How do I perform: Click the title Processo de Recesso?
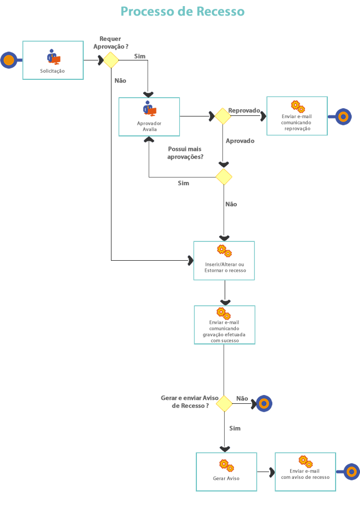pyautogui.click(x=182, y=12)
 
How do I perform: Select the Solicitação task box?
pyautogui.click(x=53, y=60)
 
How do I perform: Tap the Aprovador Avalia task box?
pyautogui.click(x=149, y=116)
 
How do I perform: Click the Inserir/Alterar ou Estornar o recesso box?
pyautogui.click(x=224, y=260)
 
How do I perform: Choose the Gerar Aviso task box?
pyautogui.click(x=226, y=472)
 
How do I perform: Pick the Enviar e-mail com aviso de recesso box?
pyautogui.click(x=305, y=472)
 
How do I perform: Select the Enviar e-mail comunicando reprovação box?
pyautogui.click(x=297, y=116)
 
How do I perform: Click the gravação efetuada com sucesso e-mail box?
pyautogui.click(x=224, y=325)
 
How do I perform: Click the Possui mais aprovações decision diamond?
pyautogui.click(x=224, y=178)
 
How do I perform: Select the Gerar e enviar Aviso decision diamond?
pyautogui.click(x=224, y=404)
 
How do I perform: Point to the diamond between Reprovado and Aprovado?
pyautogui.click(x=222, y=116)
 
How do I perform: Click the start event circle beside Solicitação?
pyautogui.click(x=8, y=60)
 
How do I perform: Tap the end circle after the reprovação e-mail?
pyautogui.click(x=343, y=116)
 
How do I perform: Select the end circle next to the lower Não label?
pyautogui.click(x=263, y=404)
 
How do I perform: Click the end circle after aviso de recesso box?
pyautogui.click(x=352, y=472)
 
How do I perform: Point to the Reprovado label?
pyautogui.click(x=244, y=110)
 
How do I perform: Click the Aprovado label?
pyautogui.click(x=240, y=141)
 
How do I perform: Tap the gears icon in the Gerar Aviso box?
pyautogui.click(x=226, y=465)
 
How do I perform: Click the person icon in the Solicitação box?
pyautogui.click(x=53, y=57)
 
